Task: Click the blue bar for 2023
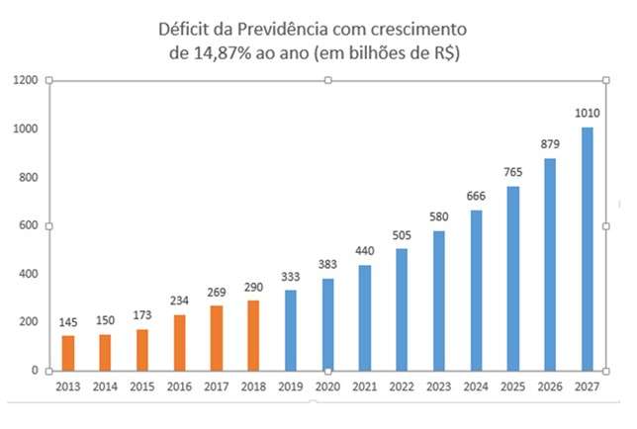pyautogui.click(x=439, y=300)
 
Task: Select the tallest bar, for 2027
pyautogui.click(x=588, y=248)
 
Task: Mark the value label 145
pyautogui.click(x=68, y=323)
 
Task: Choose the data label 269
pyautogui.click(x=217, y=293)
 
